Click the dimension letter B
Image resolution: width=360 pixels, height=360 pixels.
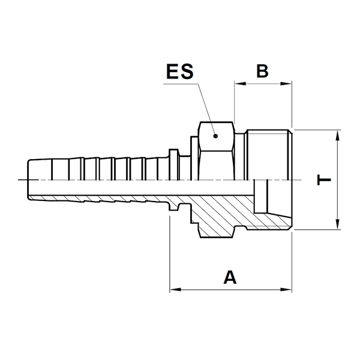point(262,71)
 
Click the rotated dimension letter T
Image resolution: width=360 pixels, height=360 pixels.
point(323,179)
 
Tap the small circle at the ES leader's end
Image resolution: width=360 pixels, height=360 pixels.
point(218,136)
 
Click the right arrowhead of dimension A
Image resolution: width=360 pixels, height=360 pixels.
point(288,290)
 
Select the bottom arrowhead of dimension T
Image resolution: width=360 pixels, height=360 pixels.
point(340,225)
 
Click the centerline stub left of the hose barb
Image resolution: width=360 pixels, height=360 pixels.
point(22,180)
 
